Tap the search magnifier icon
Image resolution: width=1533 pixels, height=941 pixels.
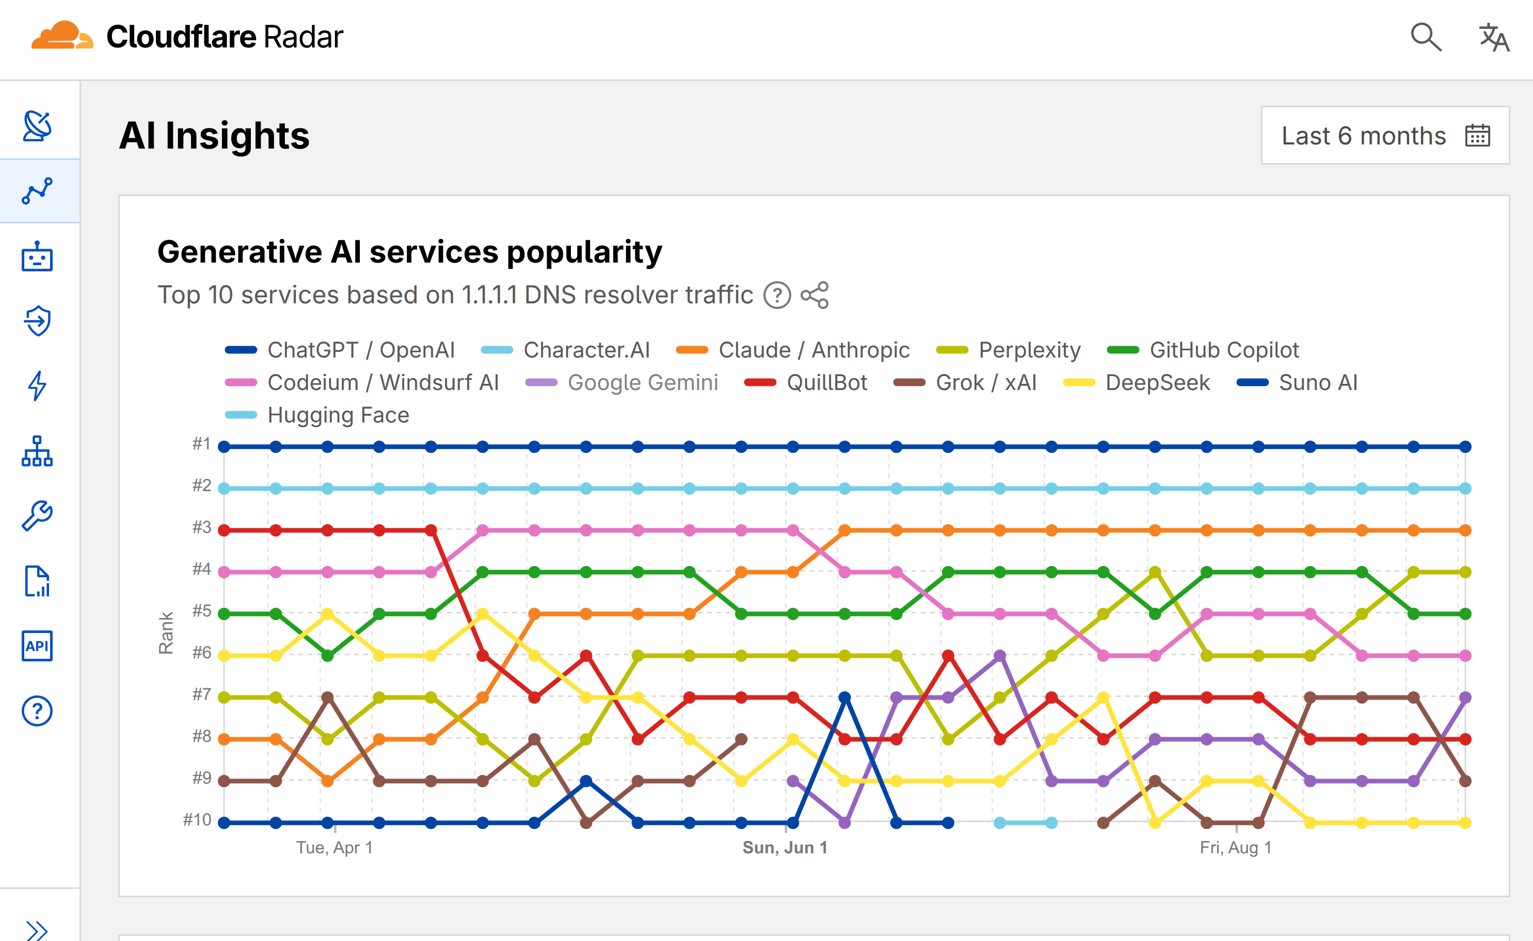[x=1425, y=37]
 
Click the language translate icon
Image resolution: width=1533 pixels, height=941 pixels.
[x=1494, y=37]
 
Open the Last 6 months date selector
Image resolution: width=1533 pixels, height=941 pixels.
[x=1384, y=136]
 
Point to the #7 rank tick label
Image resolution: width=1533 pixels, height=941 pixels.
[x=201, y=694]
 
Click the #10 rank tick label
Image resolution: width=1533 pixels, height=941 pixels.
[x=197, y=820]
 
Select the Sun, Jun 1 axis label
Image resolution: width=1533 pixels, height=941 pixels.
[x=785, y=848]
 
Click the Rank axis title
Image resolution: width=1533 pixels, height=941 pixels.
[x=166, y=632]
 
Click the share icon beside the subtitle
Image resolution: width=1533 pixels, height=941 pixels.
[x=815, y=295]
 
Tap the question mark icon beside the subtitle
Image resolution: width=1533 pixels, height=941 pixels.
[x=777, y=295]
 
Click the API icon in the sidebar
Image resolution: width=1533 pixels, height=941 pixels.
[x=37, y=646]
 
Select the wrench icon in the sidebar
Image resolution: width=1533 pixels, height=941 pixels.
[x=37, y=516]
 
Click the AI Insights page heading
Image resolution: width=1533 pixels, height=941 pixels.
[x=214, y=136]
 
